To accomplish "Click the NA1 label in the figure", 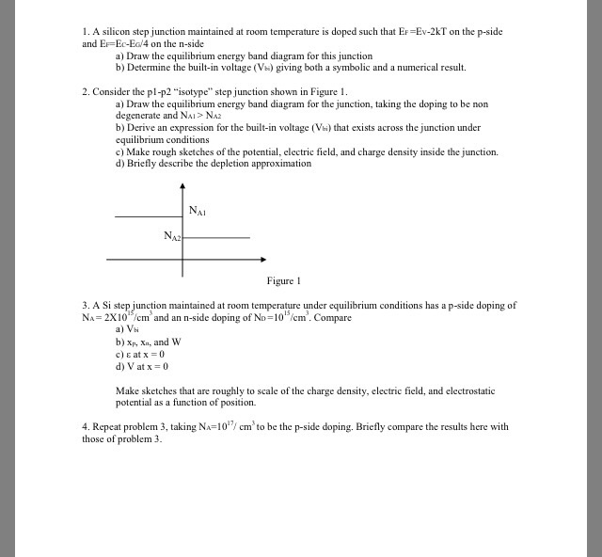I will coord(197,210).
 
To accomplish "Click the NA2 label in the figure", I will coord(171,235).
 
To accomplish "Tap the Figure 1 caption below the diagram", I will coord(283,280).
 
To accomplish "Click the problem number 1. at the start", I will coord(86,32).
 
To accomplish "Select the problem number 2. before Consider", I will coord(86,91).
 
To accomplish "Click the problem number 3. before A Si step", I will coord(86,306).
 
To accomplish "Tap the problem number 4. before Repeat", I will coord(86,426).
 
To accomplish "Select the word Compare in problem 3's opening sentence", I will coord(330,318).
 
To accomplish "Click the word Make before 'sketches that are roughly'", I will coord(127,390).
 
